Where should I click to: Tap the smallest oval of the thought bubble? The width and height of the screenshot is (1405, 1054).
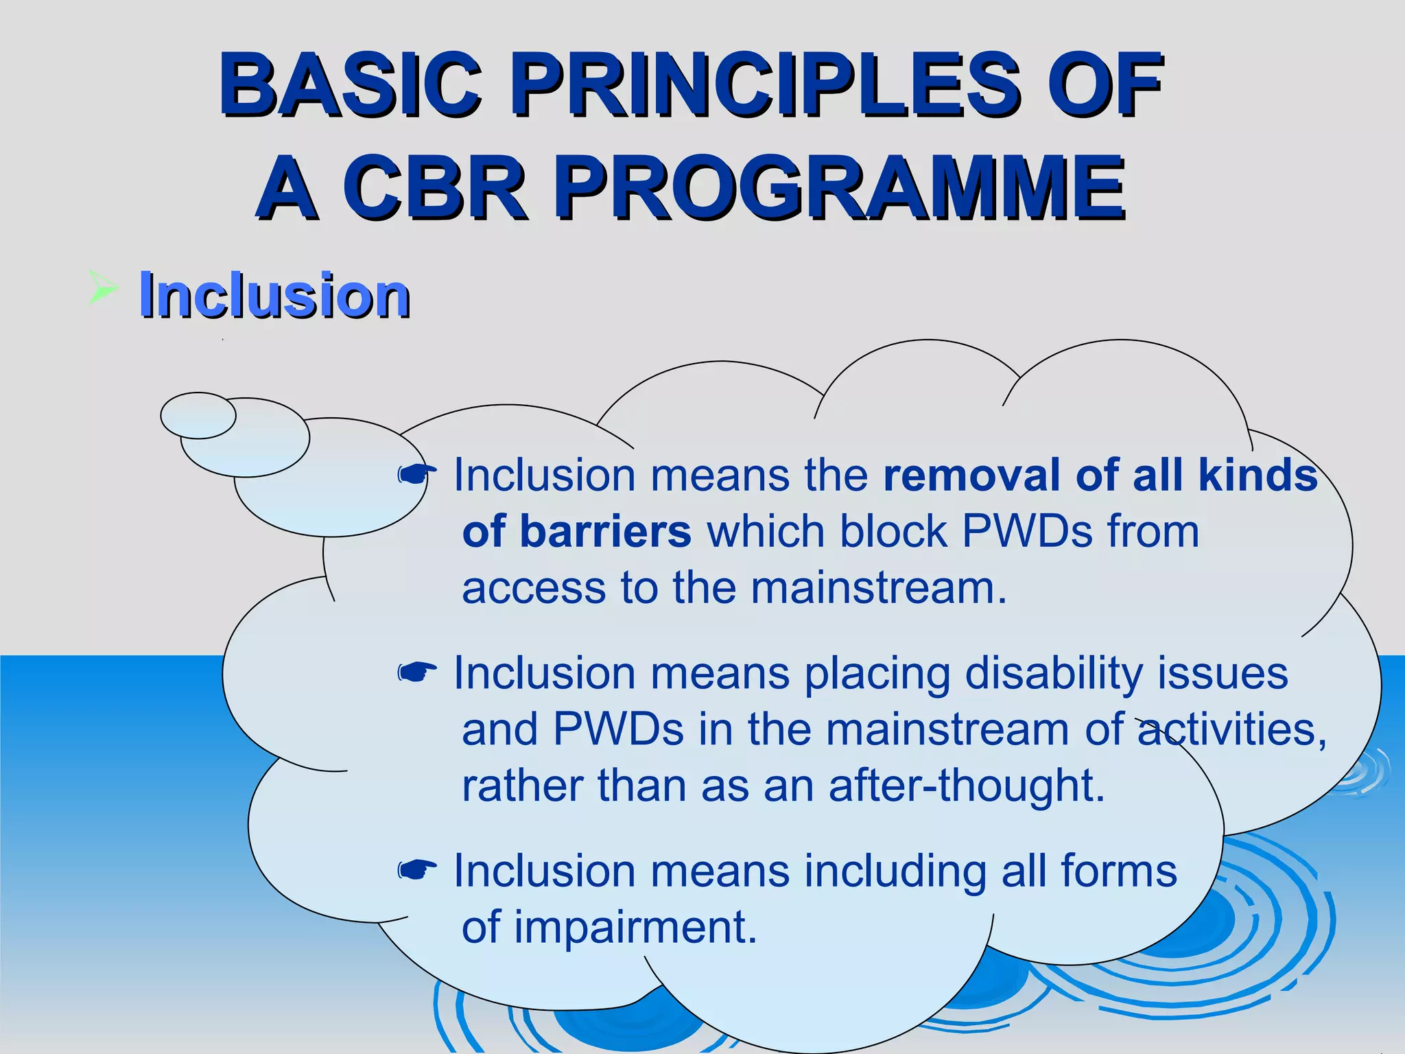(x=198, y=415)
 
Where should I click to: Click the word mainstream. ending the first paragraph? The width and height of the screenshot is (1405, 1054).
(x=879, y=589)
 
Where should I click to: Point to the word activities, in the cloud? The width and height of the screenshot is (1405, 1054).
(x=1231, y=729)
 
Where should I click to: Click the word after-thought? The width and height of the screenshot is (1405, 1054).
(x=967, y=786)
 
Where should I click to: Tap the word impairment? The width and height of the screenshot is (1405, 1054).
(x=635, y=928)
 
